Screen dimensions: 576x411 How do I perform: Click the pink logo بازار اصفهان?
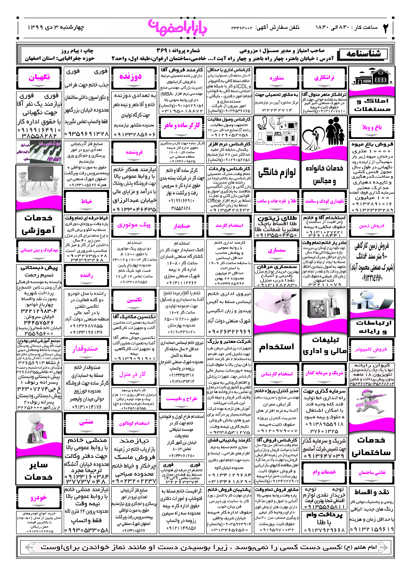[x=178, y=27]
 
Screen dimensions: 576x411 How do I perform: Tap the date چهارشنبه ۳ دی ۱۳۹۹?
[x=56, y=27]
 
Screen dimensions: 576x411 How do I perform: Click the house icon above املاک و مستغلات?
[x=371, y=77]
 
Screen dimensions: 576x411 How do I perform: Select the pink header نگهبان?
[x=39, y=77]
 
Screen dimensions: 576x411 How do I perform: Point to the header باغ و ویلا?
[x=371, y=127]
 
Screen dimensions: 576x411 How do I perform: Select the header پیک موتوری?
[x=134, y=225]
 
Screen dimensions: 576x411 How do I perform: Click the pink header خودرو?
[x=39, y=497]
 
